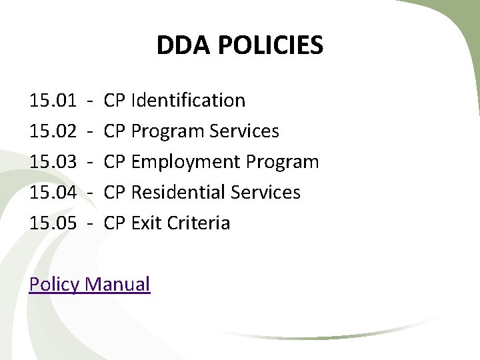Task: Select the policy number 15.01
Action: [53, 101]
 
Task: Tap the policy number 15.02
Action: [53, 131]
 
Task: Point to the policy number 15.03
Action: [53, 162]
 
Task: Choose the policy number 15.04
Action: [53, 193]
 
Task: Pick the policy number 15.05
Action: [53, 223]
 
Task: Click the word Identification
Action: [189, 101]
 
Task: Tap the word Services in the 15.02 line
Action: [244, 131]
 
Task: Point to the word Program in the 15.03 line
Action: [283, 162]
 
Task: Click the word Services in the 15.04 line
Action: [265, 193]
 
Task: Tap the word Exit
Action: [144, 223]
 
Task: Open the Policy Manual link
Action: [90, 285]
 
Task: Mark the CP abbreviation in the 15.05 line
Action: [115, 223]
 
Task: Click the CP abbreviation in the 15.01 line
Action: [115, 101]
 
